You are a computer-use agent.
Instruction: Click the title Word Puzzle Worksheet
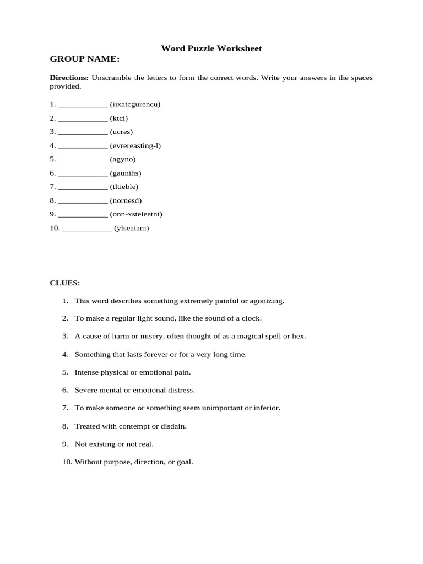pyautogui.click(x=211, y=48)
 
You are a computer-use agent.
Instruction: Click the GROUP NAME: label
pyautogui.click(x=84, y=59)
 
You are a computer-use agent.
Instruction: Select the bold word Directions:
pyautogui.click(x=69, y=78)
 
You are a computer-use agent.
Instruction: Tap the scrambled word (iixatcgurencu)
pyautogui.click(x=135, y=104)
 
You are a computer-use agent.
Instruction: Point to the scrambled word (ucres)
pyautogui.click(x=121, y=132)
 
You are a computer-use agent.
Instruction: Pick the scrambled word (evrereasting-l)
pyautogui.click(x=135, y=145)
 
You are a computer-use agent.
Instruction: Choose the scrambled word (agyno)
pyautogui.click(x=122, y=159)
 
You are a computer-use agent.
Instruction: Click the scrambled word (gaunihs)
pyautogui.click(x=125, y=173)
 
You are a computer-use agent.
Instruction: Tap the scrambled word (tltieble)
pyautogui.click(x=124, y=187)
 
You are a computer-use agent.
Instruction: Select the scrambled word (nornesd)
pyautogui.click(x=125, y=200)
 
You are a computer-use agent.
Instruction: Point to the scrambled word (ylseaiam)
pyautogui.click(x=131, y=228)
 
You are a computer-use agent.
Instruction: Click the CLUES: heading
pyautogui.click(x=65, y=283)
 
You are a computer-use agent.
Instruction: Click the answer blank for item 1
pyautogui.click(x=83, y=105)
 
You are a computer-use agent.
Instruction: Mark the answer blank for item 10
pyautogui.click(x=87, y=229)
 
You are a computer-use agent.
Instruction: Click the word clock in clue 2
pyautogui.click(x=252, y=318)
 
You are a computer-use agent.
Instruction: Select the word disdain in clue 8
pyautogui.click(x=175, y=426)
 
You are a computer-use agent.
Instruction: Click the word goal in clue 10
pyautogui.click(x=184, y=462)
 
